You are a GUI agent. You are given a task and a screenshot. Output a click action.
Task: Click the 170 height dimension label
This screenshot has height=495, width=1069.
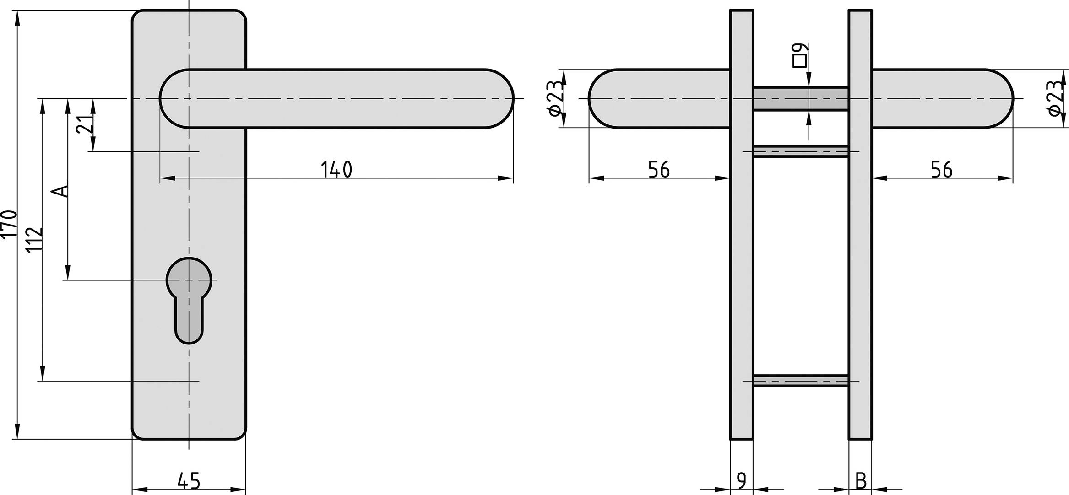[x=9, y=224]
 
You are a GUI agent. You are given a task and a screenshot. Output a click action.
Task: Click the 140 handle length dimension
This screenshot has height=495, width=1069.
[x=336, y=170]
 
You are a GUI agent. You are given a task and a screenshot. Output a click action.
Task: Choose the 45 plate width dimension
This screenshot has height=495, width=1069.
[x=189, y=481]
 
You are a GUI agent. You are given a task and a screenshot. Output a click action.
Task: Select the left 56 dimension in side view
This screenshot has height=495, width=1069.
[x=659, y=170]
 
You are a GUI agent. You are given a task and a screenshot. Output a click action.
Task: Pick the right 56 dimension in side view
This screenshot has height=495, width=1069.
[x=942, y=170]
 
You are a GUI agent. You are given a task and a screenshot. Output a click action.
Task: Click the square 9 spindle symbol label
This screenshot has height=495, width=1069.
[x=800, y=55]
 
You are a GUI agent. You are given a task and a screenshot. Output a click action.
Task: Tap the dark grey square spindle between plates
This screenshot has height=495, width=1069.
[x=800, y=98]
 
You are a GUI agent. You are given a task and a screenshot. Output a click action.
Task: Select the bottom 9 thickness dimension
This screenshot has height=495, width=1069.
[x=742, y=481]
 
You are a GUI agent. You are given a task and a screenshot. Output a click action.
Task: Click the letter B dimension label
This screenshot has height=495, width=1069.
[x=861, y=481]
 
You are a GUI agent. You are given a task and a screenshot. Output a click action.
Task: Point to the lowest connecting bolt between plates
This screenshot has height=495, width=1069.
[x=800, y=381]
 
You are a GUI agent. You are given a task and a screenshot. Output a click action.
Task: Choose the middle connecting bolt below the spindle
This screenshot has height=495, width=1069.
[x=800, y=151]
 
